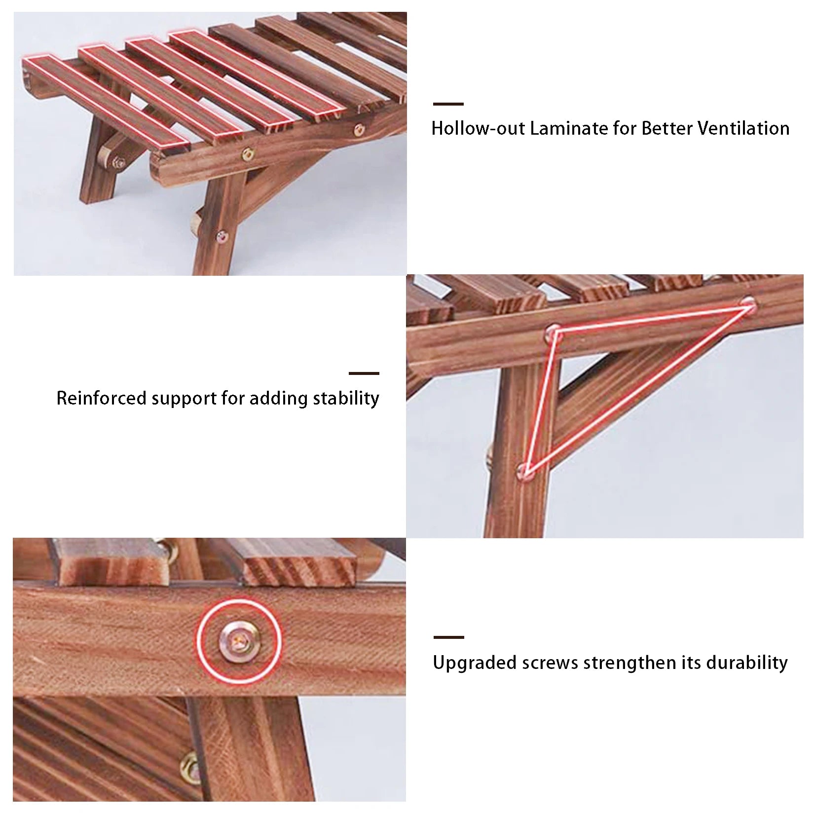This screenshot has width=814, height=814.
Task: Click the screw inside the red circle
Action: (239, 641)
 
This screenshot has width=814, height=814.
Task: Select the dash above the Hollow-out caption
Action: (448, 104)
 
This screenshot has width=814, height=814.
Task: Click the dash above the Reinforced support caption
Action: (364, 373)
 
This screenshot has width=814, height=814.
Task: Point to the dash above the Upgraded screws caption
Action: (448, 637)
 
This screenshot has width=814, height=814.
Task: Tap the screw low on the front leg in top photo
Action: (222, 237)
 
